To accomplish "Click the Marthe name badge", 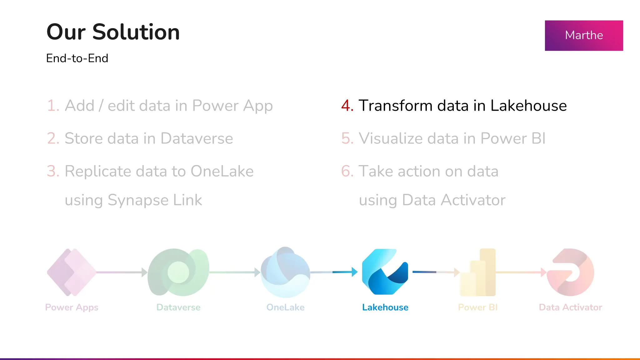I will point(584,35).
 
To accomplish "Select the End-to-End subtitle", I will point(77,58).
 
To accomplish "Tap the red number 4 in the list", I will point(347,106).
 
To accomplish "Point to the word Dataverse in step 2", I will point(197,138).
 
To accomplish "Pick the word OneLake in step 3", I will point(222,171).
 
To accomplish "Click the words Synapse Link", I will point(155,200).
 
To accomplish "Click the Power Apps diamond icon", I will point(72,272).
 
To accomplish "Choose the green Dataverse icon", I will point(178,272).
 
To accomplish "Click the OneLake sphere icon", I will point(285,272).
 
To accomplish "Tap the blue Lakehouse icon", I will point(385,272).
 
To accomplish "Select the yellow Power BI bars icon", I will point(478,272).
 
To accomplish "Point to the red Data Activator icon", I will point(570,272).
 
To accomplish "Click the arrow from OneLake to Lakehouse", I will point(334,272).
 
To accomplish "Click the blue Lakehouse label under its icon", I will point(385,307).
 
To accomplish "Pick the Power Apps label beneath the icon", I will point(72,307).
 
